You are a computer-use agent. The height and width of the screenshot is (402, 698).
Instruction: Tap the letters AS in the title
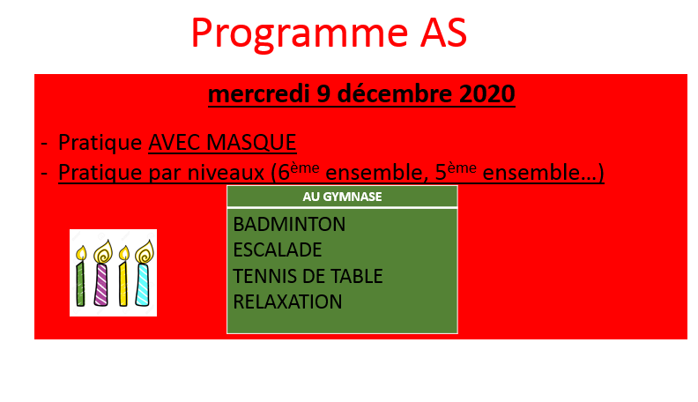click(443, 33)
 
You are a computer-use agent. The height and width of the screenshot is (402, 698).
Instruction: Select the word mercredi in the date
click(258, 93)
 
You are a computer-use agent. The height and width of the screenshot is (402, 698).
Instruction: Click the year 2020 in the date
click(487, 93)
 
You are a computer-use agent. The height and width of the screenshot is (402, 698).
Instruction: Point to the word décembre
click(395, 93)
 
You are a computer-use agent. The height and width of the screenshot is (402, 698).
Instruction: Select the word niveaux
click(226, 173)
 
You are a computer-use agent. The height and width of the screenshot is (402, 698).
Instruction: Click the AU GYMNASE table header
click(342, 197)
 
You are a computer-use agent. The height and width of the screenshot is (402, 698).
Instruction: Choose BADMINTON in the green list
click(289, 225)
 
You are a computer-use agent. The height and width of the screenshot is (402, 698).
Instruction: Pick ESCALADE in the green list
click(278, 250)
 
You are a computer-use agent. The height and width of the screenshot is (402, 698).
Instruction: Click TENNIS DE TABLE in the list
click(308, 276)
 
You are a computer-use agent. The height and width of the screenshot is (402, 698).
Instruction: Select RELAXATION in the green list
click(287, 301)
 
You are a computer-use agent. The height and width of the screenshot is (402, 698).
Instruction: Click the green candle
click(80, 283)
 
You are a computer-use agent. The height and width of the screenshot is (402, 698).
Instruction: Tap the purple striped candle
click(101, 284)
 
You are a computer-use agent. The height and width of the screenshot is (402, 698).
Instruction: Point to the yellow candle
click(123, 284)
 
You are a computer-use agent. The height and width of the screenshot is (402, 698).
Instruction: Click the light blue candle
click(143, 284)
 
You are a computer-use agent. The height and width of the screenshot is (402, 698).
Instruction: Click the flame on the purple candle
click(103, 252)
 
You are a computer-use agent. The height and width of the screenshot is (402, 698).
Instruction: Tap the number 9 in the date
click(323, 94)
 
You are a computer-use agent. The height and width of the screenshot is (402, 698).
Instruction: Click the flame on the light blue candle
click(145, 252)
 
